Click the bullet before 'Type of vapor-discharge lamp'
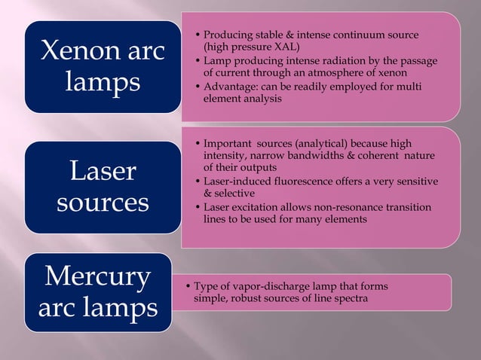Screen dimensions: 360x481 click(x=188, y=287)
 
